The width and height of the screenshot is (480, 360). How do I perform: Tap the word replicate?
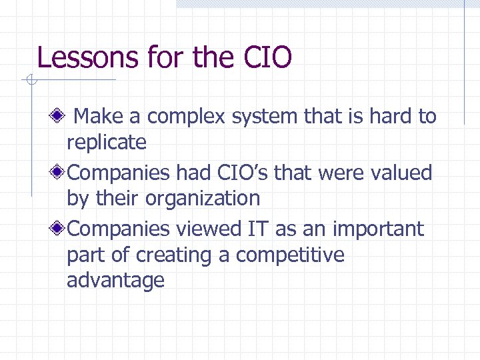pos(107,142)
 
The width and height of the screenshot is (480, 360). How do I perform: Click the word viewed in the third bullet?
pos(207,229)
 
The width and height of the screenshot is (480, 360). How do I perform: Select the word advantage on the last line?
pos(115,280)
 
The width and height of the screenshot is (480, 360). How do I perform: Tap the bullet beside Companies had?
pos(59,173)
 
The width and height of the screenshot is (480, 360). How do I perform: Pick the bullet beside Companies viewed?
pos(59,229)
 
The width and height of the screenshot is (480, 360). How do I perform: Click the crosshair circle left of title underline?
pos(31,81)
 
